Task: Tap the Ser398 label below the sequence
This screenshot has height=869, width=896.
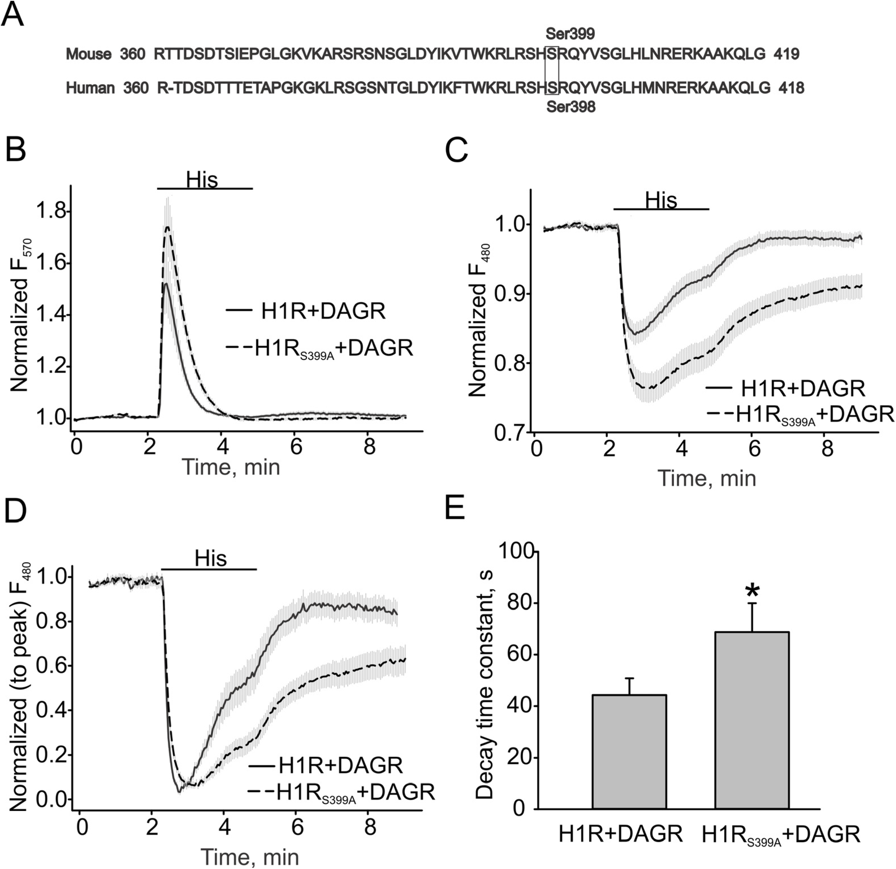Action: coord(570,107)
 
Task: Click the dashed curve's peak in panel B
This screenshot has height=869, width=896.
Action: coord(167,227)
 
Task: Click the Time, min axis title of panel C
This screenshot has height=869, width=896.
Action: coord(707,478)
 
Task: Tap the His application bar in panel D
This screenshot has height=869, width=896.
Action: coord(209,569)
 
